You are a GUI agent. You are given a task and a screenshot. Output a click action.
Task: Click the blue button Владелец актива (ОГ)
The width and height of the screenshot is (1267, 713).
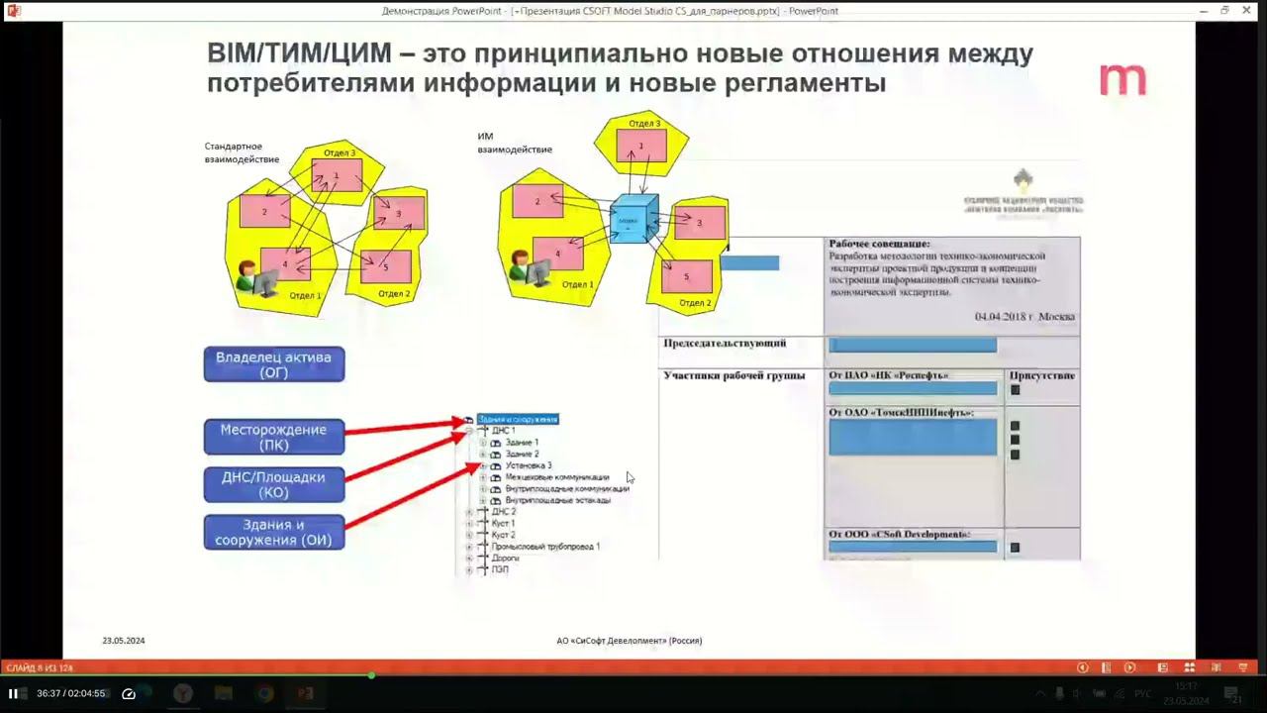click(274, 364)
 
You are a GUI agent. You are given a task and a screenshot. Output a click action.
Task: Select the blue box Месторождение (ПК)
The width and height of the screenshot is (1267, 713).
click(274, 437)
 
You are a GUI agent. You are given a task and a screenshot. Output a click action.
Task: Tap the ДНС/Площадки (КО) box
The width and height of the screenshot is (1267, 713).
click(274, 484)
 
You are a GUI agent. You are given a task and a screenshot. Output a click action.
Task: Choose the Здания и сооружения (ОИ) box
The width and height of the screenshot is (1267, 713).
click(274, 532)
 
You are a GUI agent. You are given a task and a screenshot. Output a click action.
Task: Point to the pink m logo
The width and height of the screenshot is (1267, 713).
click(1122, 80)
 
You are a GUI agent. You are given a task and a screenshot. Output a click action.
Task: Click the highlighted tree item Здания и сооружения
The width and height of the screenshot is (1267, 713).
click(518, 419)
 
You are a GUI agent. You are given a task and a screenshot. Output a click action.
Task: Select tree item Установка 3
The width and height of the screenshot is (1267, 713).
click(529, 465)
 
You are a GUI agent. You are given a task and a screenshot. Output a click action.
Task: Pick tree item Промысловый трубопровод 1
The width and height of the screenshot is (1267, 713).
click(545, 547)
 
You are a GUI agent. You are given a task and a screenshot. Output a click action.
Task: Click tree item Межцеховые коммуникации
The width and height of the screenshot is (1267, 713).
click(557, 477)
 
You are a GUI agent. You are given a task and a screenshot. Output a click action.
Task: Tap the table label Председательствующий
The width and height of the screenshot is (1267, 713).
click(726, 344)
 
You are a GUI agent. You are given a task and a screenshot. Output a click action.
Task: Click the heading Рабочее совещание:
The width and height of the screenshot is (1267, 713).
click(879, 244)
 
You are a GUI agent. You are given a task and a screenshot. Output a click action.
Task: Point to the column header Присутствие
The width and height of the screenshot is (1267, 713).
click(1041, 376)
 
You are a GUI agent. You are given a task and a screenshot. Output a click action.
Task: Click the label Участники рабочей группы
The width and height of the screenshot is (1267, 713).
click(734, 376)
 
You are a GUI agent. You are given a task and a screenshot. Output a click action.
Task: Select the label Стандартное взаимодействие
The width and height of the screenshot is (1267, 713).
click(242, 153)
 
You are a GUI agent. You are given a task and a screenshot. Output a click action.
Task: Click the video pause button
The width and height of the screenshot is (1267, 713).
click(13, 693)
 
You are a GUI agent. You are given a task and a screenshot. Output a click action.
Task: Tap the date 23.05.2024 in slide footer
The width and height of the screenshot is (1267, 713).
click(124, 641)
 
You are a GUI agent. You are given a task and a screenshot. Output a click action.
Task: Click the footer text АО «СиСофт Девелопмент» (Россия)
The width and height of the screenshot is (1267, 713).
click(630, 641)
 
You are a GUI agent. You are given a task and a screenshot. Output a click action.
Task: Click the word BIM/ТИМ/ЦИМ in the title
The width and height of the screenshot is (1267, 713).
click(300, 53)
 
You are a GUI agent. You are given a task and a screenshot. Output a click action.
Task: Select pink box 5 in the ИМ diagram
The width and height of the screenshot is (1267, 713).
click(686, 276)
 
